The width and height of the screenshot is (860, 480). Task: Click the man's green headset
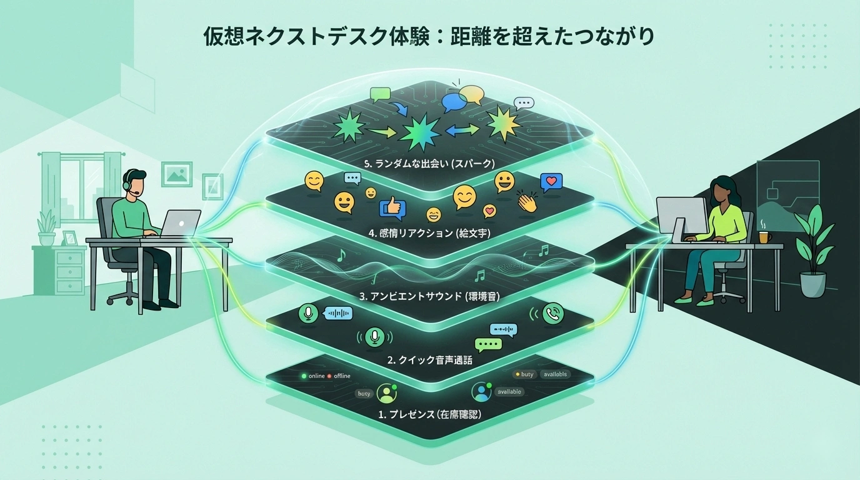[x=127, y=182]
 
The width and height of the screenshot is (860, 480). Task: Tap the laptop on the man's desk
[x=181, y=222]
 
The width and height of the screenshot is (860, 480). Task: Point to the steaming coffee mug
[x=764, y=236]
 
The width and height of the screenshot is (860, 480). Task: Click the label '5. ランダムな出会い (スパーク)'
[x=429, y=164]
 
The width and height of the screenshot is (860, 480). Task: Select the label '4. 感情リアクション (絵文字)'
[x=429, y=234]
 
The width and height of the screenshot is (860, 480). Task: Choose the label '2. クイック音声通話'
[x=429, y=360]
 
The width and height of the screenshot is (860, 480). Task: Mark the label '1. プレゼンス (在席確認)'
[x=429, y=414]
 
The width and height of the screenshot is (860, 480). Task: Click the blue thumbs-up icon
[x=392, y=207]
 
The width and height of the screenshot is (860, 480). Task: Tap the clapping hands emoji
[x=527, y=202]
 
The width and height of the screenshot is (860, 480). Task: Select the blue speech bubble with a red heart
[x=551, y=182]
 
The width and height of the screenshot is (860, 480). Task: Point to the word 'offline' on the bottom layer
[x=342, y=376]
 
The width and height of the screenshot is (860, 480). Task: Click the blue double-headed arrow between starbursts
[x=462, y=129]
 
